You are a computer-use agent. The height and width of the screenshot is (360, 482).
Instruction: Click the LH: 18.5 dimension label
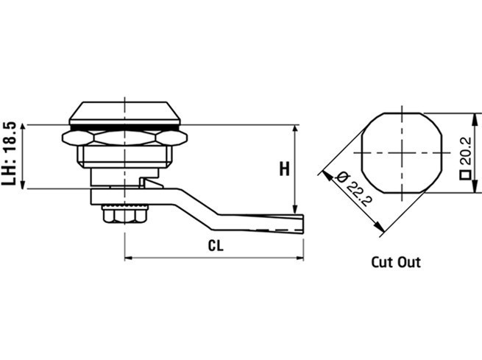tap(8, 154)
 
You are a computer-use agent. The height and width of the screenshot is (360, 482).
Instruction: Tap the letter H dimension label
tap(284, 169)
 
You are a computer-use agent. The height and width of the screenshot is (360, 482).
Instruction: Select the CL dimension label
tap(216, 246)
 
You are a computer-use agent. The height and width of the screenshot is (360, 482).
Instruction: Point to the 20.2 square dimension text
tap(466, 151)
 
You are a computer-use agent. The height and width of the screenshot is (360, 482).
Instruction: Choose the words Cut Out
tap(396, 262)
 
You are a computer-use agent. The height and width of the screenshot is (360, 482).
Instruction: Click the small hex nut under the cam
tap(124, 214)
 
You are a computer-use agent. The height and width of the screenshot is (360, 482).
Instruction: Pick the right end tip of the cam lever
tap(303, 224)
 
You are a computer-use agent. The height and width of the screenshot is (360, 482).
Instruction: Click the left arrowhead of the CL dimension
tap(128, 258)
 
